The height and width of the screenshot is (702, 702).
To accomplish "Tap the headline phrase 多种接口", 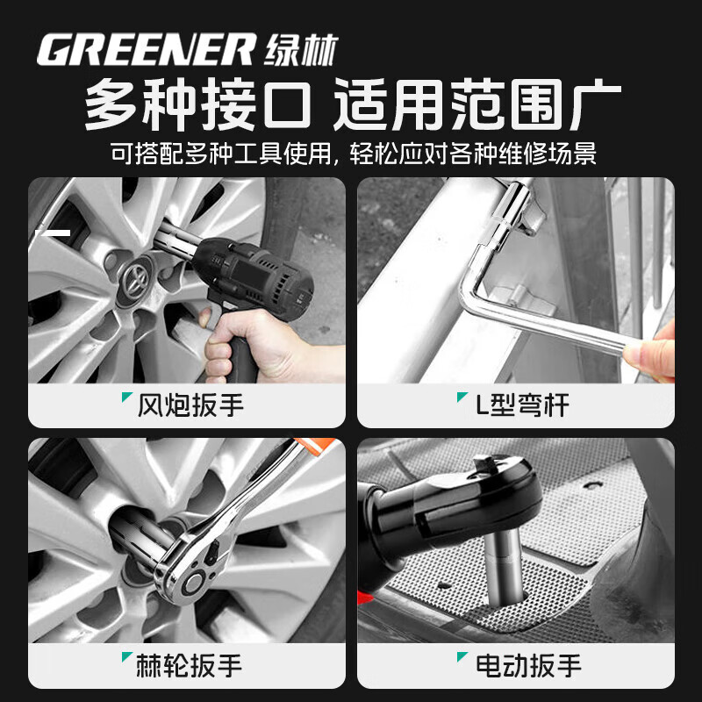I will coord(197,106).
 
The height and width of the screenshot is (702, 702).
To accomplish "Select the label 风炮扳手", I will coord(190,405).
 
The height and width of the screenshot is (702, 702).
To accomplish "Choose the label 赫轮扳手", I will coord(190,664).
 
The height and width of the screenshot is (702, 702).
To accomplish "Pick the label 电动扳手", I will coord(527,664).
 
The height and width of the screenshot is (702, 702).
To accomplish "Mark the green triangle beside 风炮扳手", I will coord(127,398).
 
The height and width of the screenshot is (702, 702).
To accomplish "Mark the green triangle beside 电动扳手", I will coord(461,657).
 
